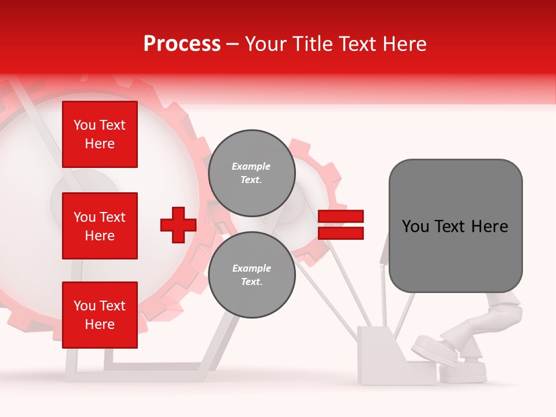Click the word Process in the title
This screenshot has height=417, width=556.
182,44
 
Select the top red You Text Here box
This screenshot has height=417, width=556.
100,134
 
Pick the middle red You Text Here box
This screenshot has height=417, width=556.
100,226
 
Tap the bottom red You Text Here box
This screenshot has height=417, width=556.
100,315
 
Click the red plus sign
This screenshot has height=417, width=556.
178,225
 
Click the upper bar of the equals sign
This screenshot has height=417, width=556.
341,217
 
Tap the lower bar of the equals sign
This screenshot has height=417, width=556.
341,233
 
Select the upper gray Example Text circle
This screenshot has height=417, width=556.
251,173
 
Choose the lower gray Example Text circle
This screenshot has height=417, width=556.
251,275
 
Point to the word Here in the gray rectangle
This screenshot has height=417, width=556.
490,226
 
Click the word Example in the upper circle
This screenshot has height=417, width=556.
251,166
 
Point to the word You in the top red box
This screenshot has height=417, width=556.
85,125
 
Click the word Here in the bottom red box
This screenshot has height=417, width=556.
100,324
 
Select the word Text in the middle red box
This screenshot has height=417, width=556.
113,217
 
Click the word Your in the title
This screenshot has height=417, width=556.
265,44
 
